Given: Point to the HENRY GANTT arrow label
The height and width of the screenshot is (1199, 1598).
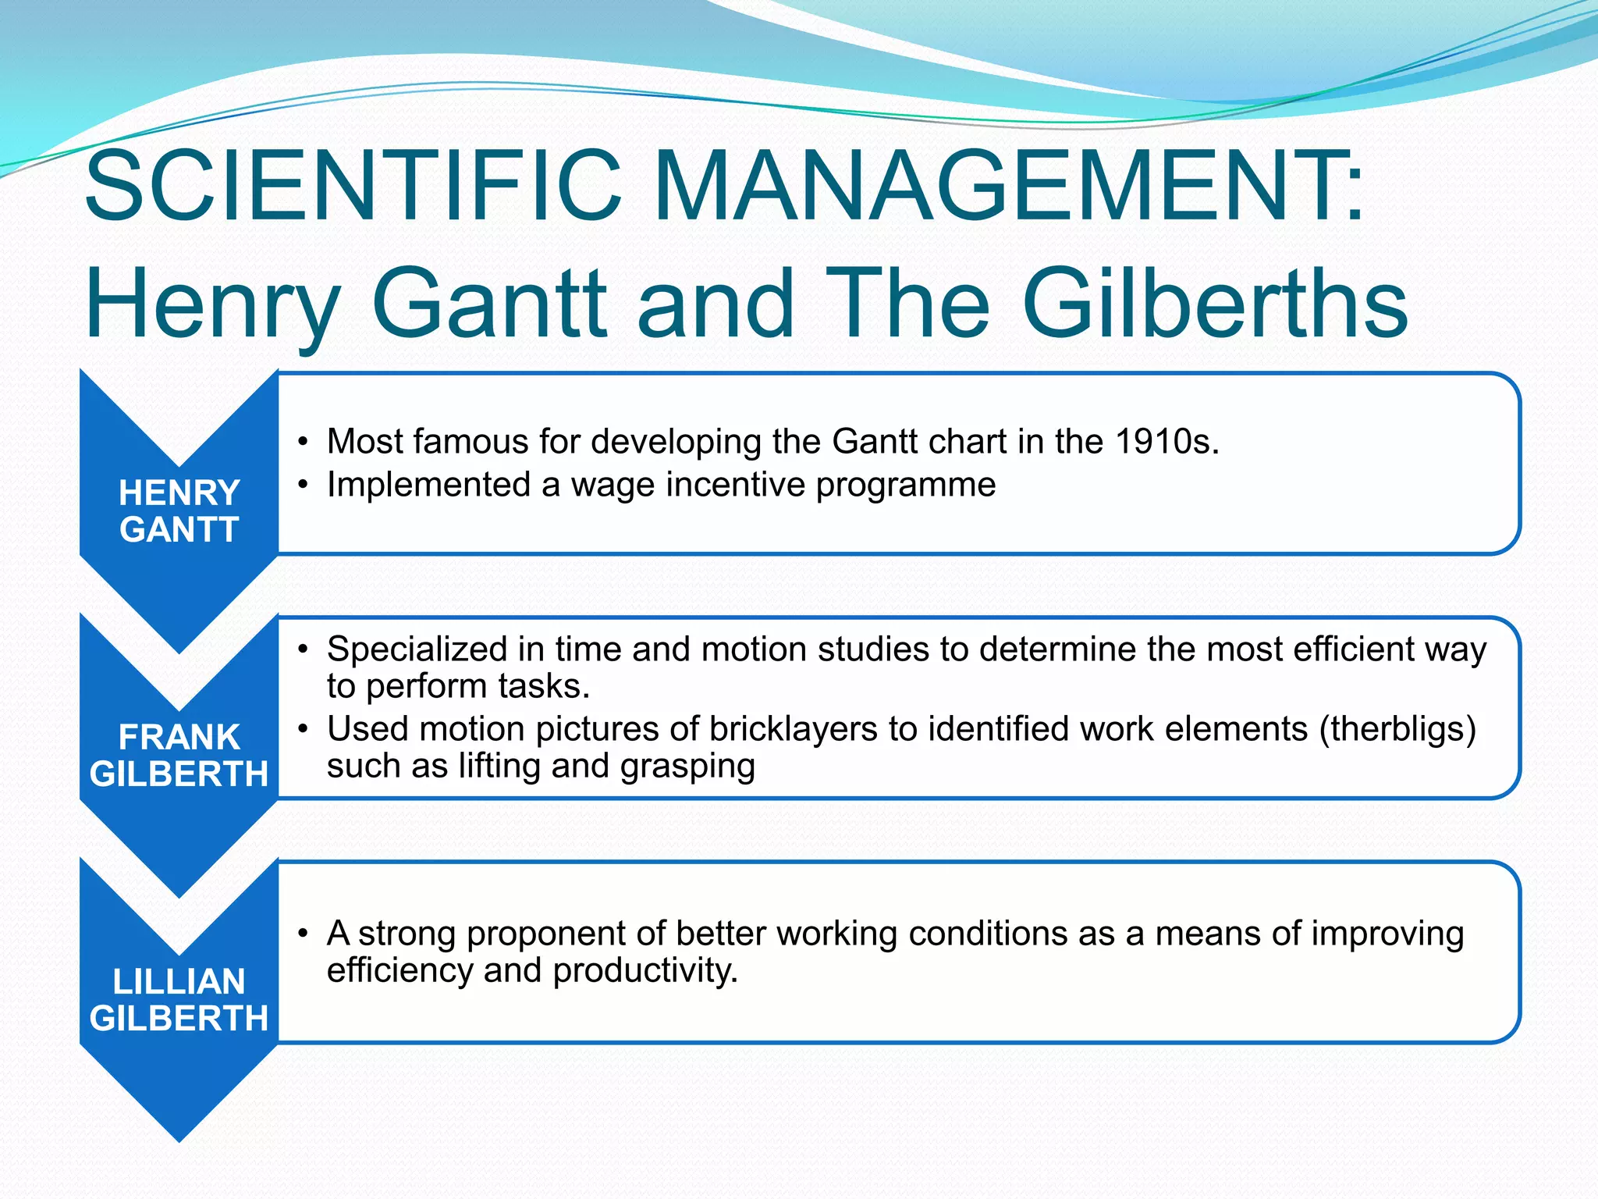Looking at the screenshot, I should point(179,511).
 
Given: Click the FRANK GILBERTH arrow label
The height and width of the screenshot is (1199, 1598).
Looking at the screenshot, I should point(179,756).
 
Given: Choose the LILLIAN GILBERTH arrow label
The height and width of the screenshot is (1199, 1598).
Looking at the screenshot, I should point(179,1000).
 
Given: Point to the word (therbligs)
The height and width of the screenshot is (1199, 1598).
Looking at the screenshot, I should point(1397,729).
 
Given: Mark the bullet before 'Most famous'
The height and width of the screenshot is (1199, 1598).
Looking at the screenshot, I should point(303,443).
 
